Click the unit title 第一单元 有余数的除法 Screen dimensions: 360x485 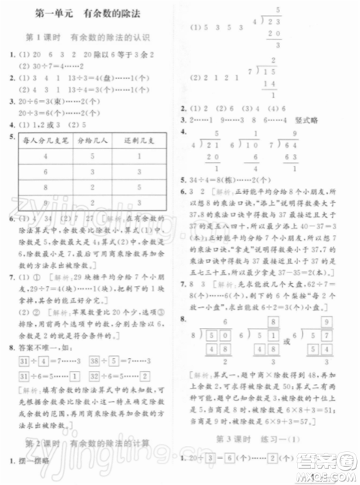89,14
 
